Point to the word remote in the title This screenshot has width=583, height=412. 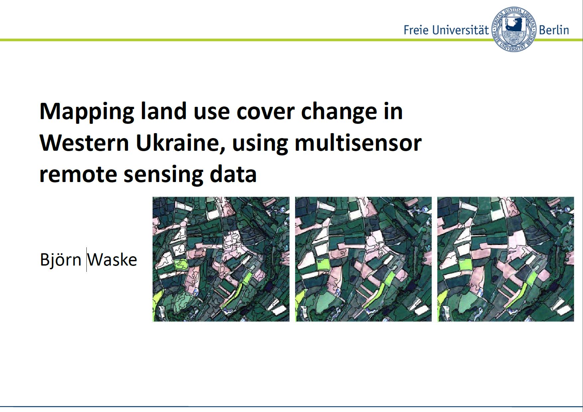(x=78, y=174)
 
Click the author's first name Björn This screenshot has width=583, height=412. (x=61, y=260)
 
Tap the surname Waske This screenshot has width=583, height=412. (x=112, y=260)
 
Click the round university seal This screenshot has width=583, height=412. (x=514, y=30)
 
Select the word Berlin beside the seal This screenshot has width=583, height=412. (x=554, y=30)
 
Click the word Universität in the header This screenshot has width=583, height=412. (x=460, y=30)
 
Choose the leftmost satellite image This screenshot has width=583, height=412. (x=221, y=259)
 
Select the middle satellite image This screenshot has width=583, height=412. (x=363, y=259)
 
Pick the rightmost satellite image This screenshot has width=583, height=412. (x=506, y=259)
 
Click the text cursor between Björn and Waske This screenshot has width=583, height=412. (x=86, y=260)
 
